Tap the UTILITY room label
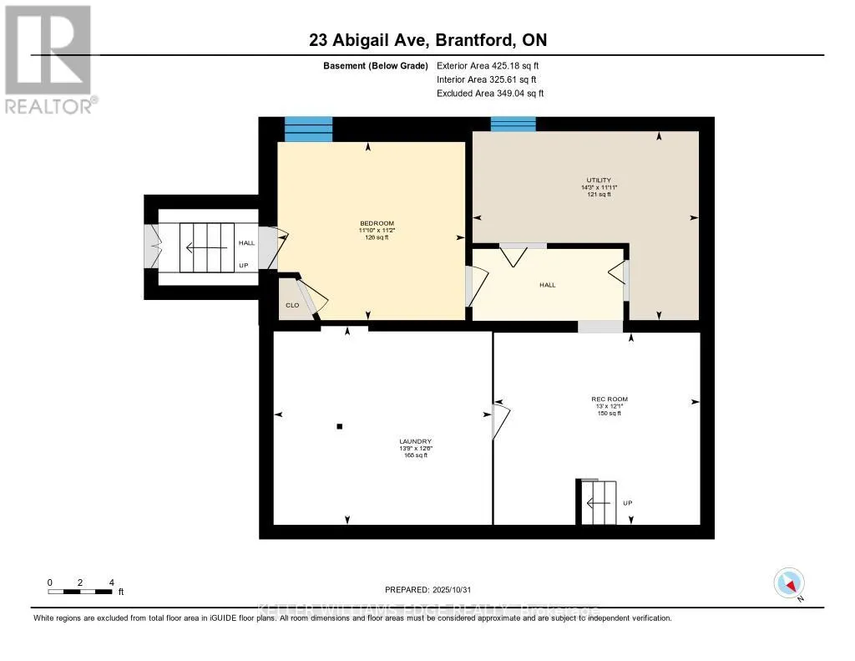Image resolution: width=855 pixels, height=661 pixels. click(x=598, y=180)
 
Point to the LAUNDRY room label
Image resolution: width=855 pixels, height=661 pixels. click(x=415, y=441)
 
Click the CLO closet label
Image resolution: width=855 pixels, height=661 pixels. click(x=292, y=305)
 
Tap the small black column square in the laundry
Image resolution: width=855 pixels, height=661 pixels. click(x=339, y=427)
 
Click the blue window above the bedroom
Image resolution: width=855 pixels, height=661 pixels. click(x=309, y=130)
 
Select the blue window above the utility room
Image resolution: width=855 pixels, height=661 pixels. click(x=513, y=124)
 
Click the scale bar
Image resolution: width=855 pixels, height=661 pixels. click(x=80, y=592)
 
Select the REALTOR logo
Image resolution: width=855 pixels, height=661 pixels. click(x=48, y=58)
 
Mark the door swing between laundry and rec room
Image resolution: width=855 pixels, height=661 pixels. click(x=500, y=422)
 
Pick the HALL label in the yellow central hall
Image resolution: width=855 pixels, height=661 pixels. click(x=547, y=285)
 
